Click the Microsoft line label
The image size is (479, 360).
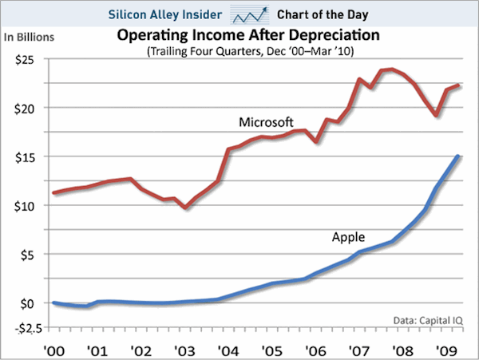pos(267,122)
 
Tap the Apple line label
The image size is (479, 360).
pos(348,236)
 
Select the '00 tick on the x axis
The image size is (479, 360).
pos(53,349)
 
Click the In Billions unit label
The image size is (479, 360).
pos(32,37)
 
